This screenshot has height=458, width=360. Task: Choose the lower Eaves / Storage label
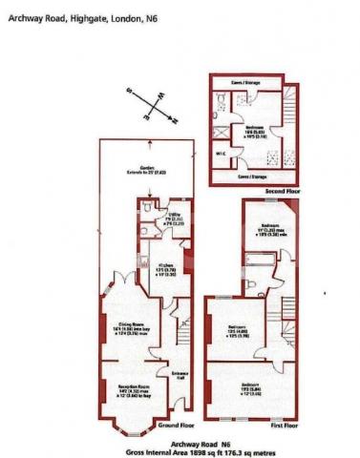[x=249, y=175]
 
